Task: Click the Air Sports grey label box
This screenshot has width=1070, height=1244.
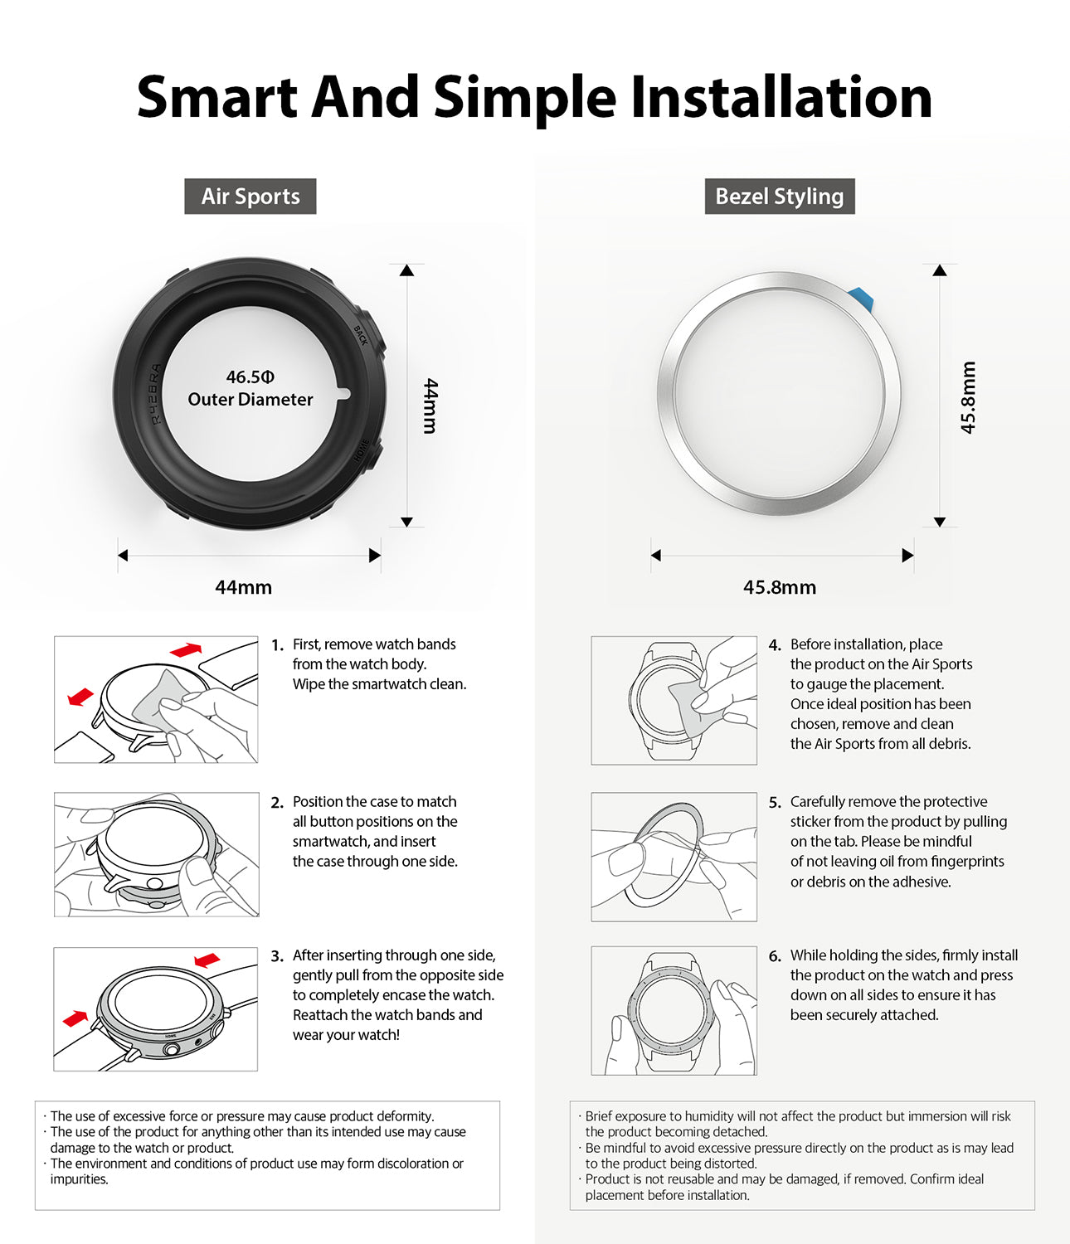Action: tap(250, 197)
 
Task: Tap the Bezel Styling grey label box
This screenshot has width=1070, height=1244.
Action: tap(779, 197)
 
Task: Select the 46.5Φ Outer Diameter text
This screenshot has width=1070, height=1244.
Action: tap(250, 388)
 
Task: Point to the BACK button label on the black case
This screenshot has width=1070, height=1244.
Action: tap(360, 335)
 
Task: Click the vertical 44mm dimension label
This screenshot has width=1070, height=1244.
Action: tap(430, 406)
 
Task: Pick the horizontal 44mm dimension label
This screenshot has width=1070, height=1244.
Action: tap(243, 587)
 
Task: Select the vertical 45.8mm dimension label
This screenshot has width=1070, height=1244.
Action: tap(968, 397)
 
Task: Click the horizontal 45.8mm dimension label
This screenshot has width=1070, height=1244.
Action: tap(779, 587)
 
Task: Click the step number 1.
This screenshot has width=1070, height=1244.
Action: tap(277, 645)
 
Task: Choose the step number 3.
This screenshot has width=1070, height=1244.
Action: tap(277, 956)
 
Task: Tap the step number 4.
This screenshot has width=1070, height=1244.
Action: tap(774, 645)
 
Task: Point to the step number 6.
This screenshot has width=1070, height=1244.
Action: tap(774, 956)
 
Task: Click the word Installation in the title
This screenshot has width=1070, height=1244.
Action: tap(781, 97)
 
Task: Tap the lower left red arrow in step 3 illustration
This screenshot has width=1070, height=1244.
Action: tap(75, 1018)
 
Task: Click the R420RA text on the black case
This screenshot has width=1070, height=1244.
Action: tap(156, 394)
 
